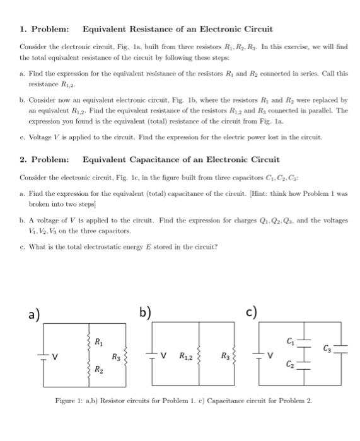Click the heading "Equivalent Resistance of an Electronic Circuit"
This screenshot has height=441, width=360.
tap(177, 29)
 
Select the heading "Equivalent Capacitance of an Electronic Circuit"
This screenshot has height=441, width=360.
tap(181, 159)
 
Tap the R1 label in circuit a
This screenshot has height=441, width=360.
tap(99, 342)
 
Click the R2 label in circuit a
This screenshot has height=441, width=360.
tap(99, 370)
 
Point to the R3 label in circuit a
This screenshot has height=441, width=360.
tap(116, 357)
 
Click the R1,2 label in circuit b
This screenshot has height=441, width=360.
tap(185, 357)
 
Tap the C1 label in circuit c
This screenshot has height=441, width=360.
tap(291, 342)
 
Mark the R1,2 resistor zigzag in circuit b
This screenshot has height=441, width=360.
tap(200, 357)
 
